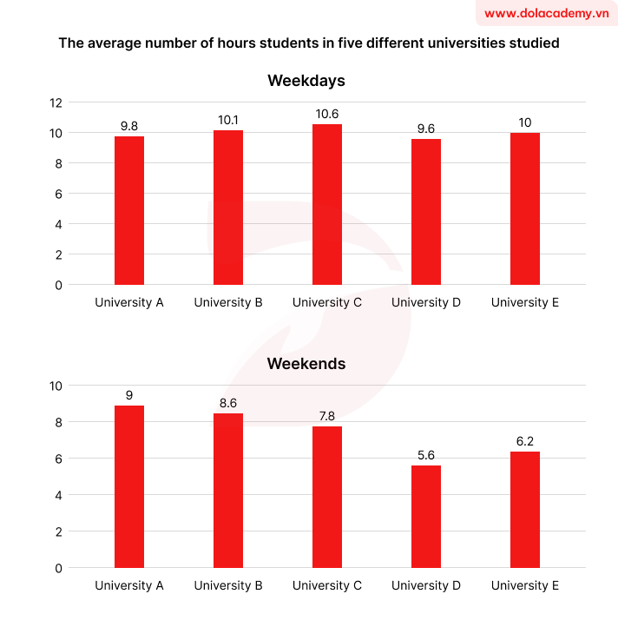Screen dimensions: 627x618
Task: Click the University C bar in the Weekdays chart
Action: coord(327,205)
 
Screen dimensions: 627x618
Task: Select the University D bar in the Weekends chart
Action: coord(426,517)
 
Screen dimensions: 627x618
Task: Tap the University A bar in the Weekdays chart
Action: coord(129,210)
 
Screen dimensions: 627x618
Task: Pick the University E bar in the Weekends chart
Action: coord(525,510)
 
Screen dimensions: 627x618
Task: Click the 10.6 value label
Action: coord(327,115)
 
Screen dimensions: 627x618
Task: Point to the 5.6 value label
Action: coord(426,455)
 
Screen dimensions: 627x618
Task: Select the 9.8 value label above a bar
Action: coord(129,126)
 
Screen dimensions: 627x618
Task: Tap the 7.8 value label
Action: coord(327,416)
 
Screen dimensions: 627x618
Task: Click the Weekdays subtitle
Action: coord(306,81)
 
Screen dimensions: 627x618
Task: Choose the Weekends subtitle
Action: coord(306,364)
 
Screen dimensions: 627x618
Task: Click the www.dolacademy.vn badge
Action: coord(546,13)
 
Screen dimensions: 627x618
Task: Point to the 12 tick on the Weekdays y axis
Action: coord(56,102)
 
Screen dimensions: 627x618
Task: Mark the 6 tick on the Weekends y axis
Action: coord(58,459)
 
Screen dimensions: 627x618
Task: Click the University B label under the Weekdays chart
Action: coord(228,303)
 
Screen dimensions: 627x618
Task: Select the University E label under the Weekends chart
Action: coord(525,586)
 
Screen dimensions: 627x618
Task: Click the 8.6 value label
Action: coord(228,403)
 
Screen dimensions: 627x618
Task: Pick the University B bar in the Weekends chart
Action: coord(228,491)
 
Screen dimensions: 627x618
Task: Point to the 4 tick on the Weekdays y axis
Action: coord(58,224)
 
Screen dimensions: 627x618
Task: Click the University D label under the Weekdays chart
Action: coord(426,303)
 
